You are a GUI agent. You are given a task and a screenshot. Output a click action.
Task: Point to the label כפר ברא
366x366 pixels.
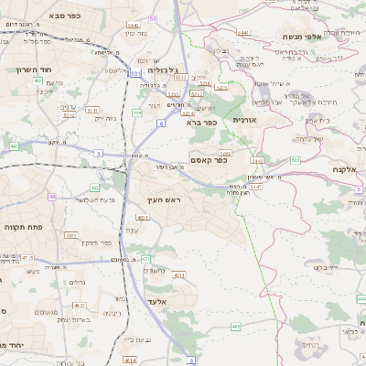(200, 122)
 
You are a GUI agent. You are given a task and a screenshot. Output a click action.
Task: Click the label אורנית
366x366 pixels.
(245, 120)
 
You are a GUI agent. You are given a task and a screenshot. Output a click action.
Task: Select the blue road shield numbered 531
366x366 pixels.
(135, 73)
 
